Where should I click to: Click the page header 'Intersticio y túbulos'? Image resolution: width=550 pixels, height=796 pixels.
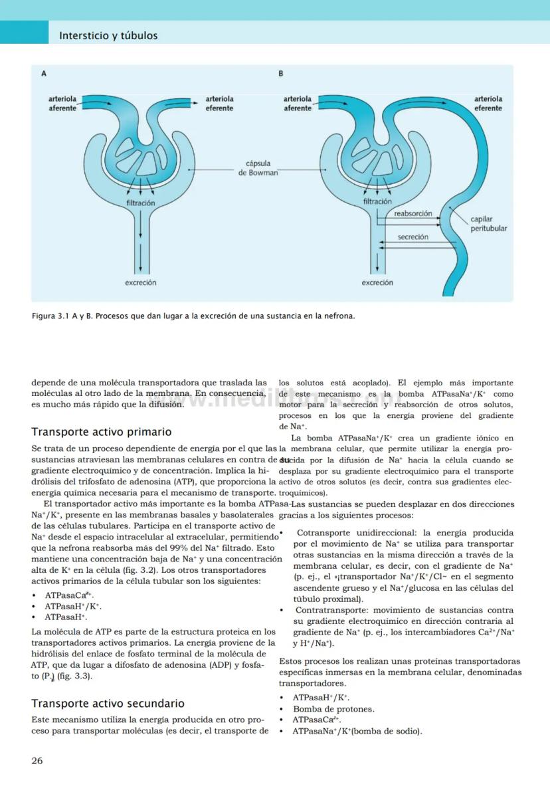tap(108, 36)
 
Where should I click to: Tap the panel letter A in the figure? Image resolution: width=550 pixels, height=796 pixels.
tap(44, 74)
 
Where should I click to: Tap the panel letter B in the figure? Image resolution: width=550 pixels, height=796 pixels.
tap(281, 74)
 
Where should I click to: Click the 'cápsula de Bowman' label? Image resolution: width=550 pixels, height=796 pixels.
tap(258, 168)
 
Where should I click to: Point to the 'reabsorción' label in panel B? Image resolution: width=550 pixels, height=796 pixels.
tap(412, 214)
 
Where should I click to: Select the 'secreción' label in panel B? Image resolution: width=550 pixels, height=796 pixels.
tap(412, 237)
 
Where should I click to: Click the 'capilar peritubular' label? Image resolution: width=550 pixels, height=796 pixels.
tap(488, 224)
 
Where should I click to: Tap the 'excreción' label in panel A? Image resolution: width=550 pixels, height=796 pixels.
tap(141, 282)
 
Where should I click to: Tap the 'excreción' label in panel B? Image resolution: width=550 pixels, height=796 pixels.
tap(377, 282)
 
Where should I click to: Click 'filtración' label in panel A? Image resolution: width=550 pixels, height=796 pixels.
tap(141, 202)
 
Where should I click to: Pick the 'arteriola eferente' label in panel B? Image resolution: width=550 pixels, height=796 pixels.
tap(488, 103)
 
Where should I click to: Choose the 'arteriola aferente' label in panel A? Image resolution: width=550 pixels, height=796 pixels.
tap(62, 103)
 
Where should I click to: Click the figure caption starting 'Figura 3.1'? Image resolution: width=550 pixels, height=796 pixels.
tap(193, 316)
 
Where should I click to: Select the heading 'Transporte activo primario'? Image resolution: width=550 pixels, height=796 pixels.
tap(102, 432)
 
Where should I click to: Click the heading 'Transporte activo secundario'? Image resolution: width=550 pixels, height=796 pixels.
tap(108, 703)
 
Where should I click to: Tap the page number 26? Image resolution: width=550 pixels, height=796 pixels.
tap(37, 761)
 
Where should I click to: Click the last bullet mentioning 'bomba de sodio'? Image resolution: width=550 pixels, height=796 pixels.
tap(357, 732)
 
